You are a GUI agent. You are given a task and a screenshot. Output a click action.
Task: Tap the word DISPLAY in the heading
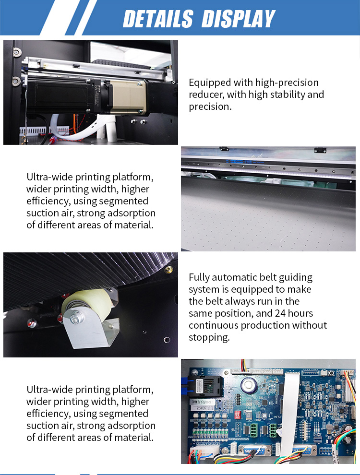pos(239,19)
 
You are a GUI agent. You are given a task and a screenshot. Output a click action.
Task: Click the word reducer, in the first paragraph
pos(206,95)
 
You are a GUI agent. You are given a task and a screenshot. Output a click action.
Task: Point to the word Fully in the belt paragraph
pos(199,277)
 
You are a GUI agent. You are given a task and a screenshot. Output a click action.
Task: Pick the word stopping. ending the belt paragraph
pos(209,337)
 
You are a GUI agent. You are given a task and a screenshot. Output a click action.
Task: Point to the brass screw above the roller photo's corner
pos(168,269)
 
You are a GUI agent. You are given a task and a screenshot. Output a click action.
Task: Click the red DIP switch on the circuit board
pos(238,415)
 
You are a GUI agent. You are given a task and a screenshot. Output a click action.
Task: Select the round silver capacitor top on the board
pos(249,385)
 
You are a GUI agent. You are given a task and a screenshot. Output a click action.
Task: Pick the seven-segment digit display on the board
pos(248,414)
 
